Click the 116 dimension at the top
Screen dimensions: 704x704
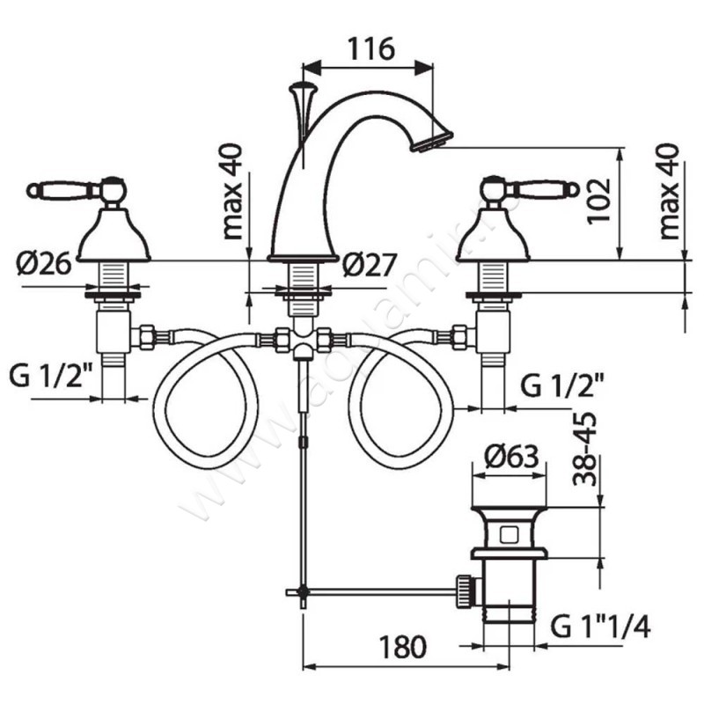pyautogui.click(x=368, y=49)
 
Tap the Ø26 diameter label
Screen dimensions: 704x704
pyautogui.click(x=43, y=262)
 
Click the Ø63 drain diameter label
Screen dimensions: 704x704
pyautogui.click(x=511, y=457)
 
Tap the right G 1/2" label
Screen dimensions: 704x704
pyautogui.click(x=560, y=385)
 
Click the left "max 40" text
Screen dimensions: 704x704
pyautogui.click(x=232, y=193)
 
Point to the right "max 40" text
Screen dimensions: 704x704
pyautogui.click(x=671, y=193)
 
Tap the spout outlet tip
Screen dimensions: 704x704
pyautogui.click(x=434, y=138)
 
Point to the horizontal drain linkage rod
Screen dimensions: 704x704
pyautogui.click(x=378, y=592)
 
